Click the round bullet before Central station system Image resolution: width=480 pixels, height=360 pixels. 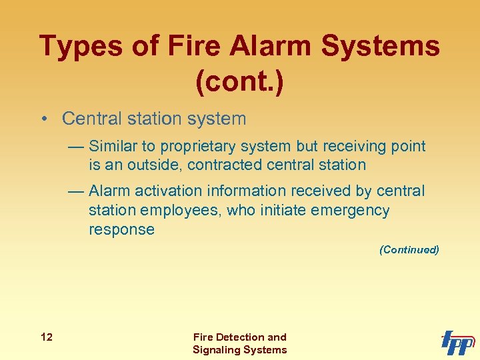click(43, 119)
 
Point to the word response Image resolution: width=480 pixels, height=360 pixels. click(121, 230)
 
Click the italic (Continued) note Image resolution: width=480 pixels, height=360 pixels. click(409, 250)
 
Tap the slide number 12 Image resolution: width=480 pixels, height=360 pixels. click(46, 337)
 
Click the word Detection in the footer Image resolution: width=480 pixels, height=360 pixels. click(238, 337)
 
